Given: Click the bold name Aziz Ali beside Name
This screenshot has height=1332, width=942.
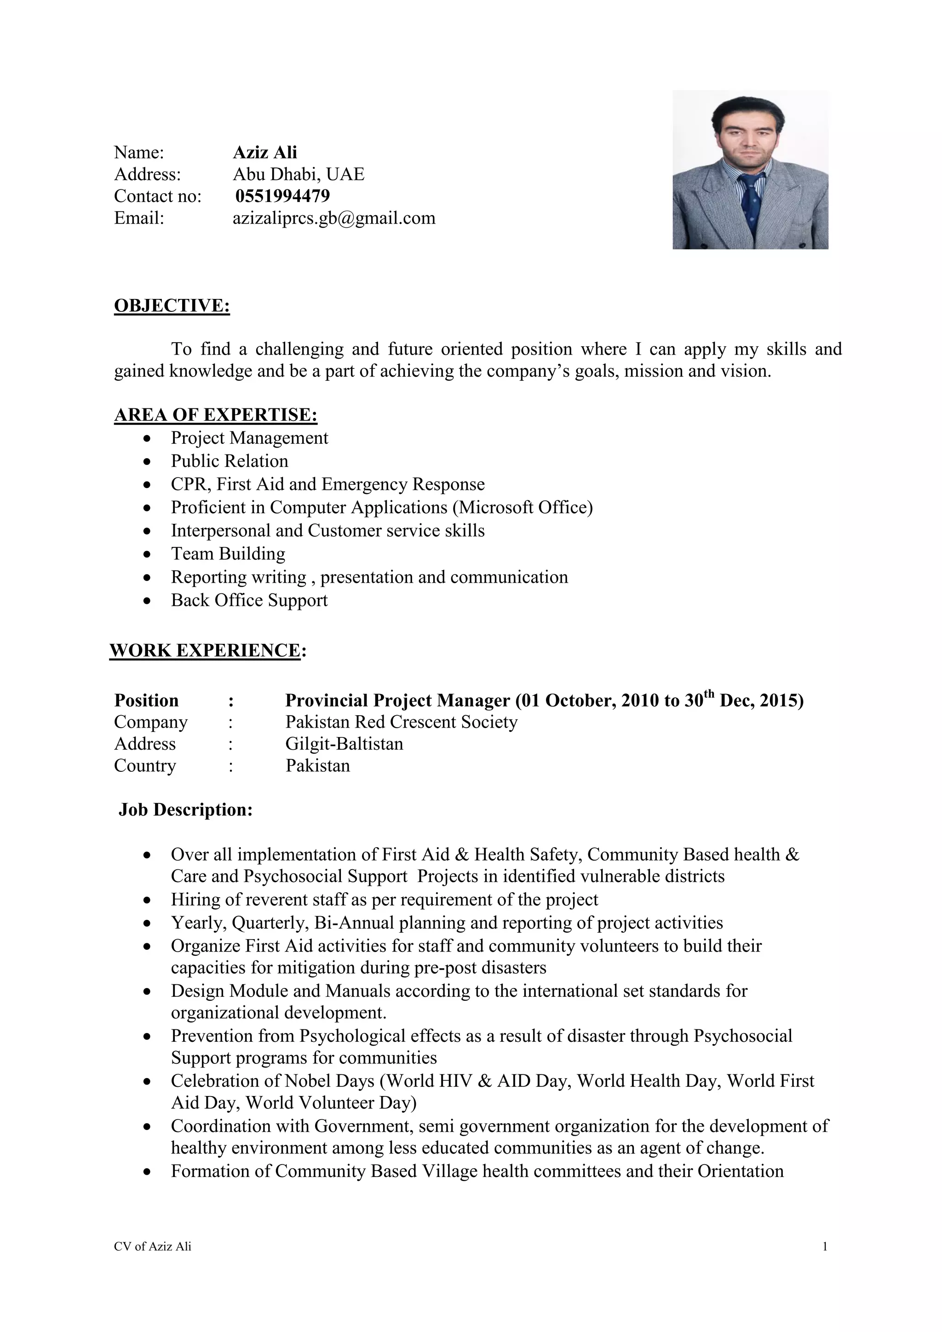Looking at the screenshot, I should pyautogui.click(x=264, y=153).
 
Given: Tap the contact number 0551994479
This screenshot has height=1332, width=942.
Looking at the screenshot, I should pyautogui.click(x=282, y=196).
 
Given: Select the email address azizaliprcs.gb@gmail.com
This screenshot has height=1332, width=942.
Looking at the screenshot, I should pyautogui.click(x=333, y=218).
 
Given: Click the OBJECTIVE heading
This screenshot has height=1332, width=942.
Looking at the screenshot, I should pyautogui.click(x=172, y=306).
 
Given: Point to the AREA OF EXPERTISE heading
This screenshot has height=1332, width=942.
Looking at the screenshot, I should pyautogui.click(x=215, y=415).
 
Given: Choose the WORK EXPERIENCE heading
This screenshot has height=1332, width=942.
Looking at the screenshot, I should pyautogui.click(x=205, y=650).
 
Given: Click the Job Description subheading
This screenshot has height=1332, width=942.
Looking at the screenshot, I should pyautogui.click(x=186, y=810).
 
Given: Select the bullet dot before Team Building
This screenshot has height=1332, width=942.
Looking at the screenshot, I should pyautogui.click(x=148, y=555).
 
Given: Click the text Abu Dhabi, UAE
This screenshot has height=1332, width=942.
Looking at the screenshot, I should pyautogui.click(x=298, y=174).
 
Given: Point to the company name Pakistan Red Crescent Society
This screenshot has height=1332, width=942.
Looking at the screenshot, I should pyautogui.click(x=401, y=722).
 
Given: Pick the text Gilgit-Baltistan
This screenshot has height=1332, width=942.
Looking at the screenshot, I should pyautogui.click(x=344, y=744).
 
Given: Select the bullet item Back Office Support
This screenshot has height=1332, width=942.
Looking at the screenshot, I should pyautogui.click(x=249, y=600).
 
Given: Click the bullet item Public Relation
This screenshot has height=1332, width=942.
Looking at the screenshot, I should pyautogui.click(x=229, y=461).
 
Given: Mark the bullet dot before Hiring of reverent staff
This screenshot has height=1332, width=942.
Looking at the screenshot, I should pyautogui.click(x=148, y=901).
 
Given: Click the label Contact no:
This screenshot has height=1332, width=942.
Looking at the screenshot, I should pyautogui.click(x=157, y=196).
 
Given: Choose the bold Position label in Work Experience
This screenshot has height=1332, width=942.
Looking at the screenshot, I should pyautogui.click(x=146, y=701).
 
